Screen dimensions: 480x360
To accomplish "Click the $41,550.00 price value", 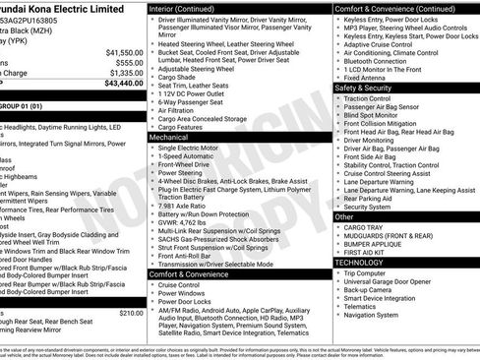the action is tap(119, 52).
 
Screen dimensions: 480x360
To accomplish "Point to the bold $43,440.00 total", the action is tap(119, 83).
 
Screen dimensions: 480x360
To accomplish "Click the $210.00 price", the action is tap(130, 312).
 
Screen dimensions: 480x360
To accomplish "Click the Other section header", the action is tap(345, 216).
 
